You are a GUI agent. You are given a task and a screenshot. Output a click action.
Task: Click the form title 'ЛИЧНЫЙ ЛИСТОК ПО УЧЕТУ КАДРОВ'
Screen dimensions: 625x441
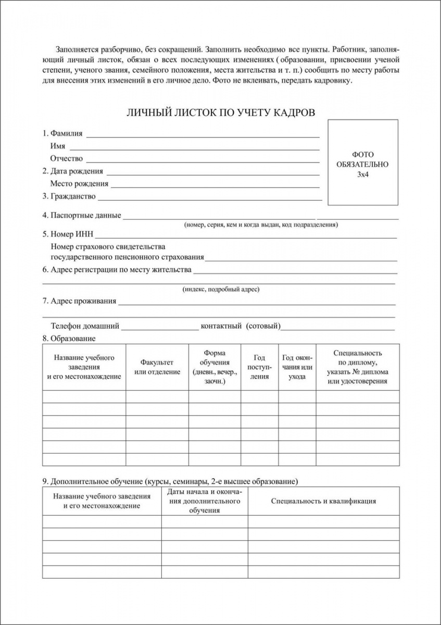click(221, 113)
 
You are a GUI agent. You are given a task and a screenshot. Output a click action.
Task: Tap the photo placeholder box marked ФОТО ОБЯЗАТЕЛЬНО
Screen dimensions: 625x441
click(362, 161)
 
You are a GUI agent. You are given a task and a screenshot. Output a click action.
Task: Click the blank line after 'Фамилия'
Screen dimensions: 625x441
click(203, 135)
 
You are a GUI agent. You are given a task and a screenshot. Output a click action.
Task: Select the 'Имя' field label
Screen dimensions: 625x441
click(58, 146)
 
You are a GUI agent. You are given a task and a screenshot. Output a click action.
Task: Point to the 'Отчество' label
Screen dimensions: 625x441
click(67, 159)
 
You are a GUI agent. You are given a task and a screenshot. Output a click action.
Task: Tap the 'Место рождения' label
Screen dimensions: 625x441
click(79, 183)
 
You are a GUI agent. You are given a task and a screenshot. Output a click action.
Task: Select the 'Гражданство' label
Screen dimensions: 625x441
click(73, 196)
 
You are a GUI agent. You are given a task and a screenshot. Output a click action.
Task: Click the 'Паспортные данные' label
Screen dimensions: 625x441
click(86, 215)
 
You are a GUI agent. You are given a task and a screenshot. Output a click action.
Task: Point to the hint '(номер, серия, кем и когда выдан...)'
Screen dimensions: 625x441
click(261, 225)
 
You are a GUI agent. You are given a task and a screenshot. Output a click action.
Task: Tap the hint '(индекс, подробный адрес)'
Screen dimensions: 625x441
click(221, 290)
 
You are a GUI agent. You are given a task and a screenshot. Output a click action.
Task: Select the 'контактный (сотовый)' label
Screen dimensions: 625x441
click(241, 326)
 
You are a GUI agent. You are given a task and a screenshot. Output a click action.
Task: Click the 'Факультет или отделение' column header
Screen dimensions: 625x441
click(157, 367)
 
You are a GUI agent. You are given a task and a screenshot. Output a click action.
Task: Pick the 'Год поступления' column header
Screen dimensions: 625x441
click(259, 367)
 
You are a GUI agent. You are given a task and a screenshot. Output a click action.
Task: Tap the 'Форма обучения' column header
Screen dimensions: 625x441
click(215, 367)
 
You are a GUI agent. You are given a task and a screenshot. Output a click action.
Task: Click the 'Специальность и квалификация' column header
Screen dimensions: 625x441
click(323, 501)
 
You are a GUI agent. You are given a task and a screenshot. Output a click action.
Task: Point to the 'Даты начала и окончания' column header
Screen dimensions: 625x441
click(205, 501)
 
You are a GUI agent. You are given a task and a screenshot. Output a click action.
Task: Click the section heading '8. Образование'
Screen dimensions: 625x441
click(69, 339)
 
